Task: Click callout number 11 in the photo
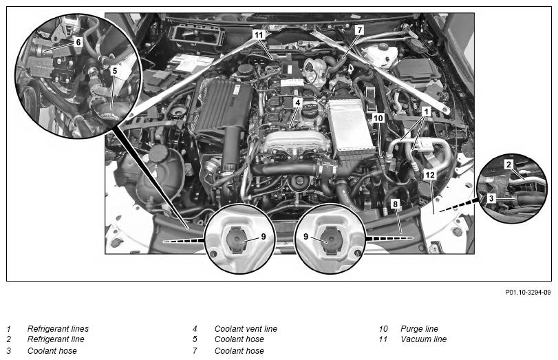click(x=259, y=34)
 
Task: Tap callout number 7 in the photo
click(x=359, y=30)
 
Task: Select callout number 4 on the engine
click(x=298, y=103)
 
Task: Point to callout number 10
click(x=378, y=118)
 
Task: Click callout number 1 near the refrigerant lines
click(x=427, y=112)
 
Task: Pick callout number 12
click(x=430, y=175)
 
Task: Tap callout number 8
click(x=395, y=204)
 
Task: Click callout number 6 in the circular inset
click(x=78, y=42)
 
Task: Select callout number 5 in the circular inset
click(x=114, y=70)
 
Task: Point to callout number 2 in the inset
click(x=508, y=164)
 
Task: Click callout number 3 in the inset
click(x=491, y=198)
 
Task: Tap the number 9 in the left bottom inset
click(x=264, y=236)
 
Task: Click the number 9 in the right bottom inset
click(x=305, y=236)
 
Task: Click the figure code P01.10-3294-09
click(x=528, y=293)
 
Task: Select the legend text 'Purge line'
click(x=419, y=328)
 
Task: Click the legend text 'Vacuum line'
click(x=423, y=339)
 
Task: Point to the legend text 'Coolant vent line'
click(x=246, y=328)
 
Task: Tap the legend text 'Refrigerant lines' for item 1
click(x=58, y=328)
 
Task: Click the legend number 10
click(x=383, y=328)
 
